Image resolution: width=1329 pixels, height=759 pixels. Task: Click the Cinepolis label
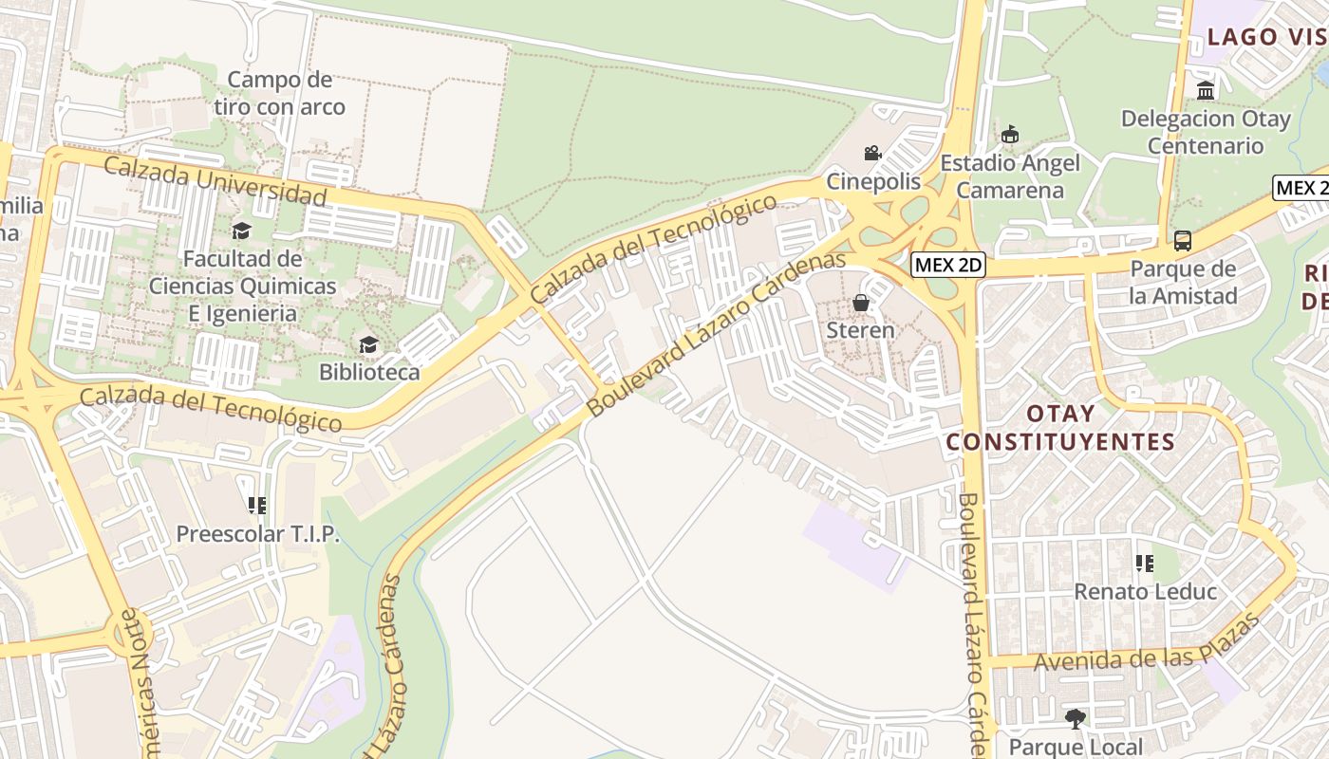click(x=873, y=180)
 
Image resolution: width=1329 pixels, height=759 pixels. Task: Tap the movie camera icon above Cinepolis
click(x=872, y=153)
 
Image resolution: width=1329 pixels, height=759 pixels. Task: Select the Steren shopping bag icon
click(x=861, y=303)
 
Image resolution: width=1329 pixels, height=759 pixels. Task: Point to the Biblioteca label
click(x=369, y=372)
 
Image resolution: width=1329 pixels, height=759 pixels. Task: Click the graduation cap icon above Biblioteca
click(x=368, y=344)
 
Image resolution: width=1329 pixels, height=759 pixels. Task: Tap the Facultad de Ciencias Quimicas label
click(x=242, y=286)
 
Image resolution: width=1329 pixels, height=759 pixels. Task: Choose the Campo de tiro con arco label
click(x=279, y=93)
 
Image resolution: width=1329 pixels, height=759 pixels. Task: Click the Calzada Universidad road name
click(x=215, y=181)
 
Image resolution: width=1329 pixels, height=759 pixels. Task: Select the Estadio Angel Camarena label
click(x=1009, y=176)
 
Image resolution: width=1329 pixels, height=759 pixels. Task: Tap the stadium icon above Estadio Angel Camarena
click(x=1009, y=135)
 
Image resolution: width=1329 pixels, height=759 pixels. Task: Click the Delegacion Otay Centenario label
click(x=1206, y=132)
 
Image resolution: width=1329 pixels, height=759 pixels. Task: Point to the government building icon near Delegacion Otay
click(x=1206, y=91)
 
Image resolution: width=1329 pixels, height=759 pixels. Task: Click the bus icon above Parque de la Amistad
click(x=1183, y=241)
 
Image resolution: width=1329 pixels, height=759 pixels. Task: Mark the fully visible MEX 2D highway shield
click(x=947, y=266)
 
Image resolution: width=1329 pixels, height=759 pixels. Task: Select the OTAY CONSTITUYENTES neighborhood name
click(x=1060, y=428)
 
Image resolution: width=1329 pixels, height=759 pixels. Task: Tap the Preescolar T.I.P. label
click(x=257, y=534)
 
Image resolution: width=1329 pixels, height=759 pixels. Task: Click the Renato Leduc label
click(x=1145, y=592)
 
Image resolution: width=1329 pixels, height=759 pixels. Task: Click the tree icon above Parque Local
click(x=1076, y=719)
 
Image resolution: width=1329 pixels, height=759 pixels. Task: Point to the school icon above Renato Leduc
click(x=1145, y=564)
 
